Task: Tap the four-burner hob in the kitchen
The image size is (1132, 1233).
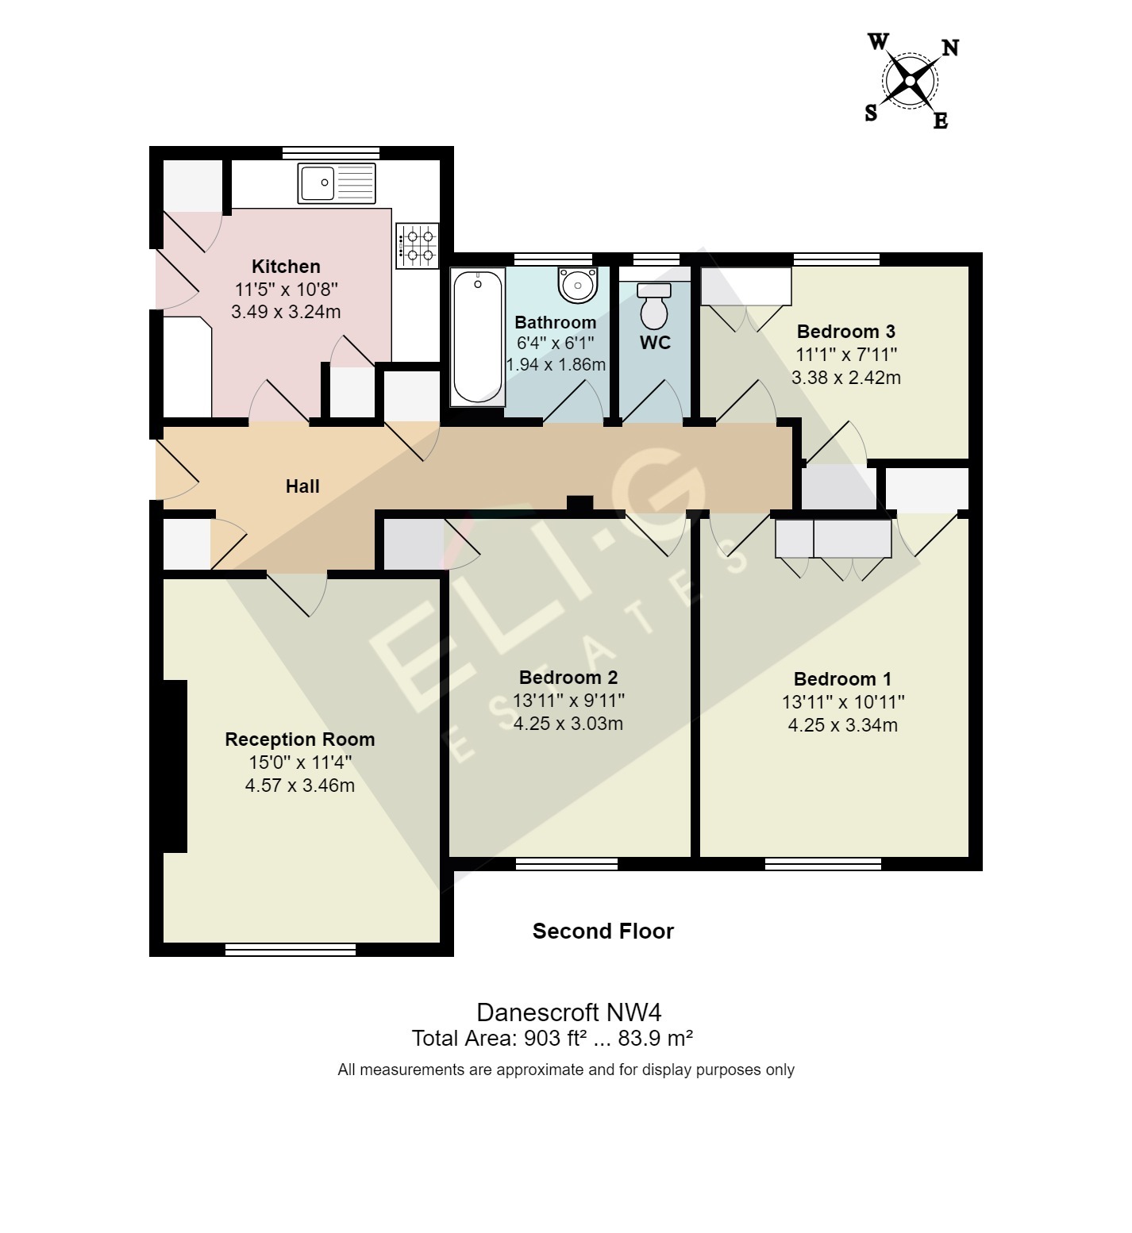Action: (x=418, y=244)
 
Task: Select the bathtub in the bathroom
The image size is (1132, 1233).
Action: (x=477, y=336)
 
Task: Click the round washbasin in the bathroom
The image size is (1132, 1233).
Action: (x=577, y=284)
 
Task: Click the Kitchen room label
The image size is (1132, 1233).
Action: (x=286, y=267)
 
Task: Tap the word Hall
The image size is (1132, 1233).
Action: (x=302, y=486)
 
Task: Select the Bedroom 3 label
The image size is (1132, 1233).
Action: (x=845, y=332)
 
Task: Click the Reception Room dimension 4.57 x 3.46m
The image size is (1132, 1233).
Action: (x=299, y=786)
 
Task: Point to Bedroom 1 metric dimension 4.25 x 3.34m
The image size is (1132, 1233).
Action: (x=842, y=725)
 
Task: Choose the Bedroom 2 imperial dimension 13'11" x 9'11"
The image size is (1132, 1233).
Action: (x=568, y=701)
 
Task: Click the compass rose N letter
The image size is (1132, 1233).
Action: (x=949, y=48)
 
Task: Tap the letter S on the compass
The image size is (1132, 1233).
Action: (x=871, y=113)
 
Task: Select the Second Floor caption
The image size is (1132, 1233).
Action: (x=603, y=931)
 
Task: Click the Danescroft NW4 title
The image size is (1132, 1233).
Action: (x=568, y=1012)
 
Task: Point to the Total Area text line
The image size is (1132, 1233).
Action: (x=553, y=1039)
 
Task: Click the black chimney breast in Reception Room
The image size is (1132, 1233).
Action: (x=175, y=766)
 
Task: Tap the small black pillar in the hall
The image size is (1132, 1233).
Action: (x=579, y=504)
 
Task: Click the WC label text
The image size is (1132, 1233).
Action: (x=655, y=343)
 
